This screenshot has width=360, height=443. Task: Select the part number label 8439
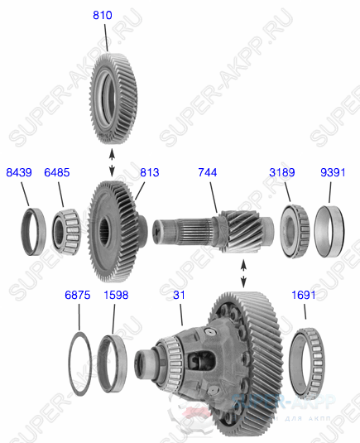point(19,172)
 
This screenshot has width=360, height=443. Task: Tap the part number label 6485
point(57,172)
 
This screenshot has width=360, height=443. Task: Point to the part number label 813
point(149,172)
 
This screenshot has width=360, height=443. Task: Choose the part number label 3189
point(282,172)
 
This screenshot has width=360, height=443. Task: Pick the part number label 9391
point(332,172)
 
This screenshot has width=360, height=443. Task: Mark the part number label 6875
point(78,295)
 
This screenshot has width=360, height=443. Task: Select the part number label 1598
point(116,295)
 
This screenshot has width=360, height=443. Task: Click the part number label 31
point(179,295)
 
